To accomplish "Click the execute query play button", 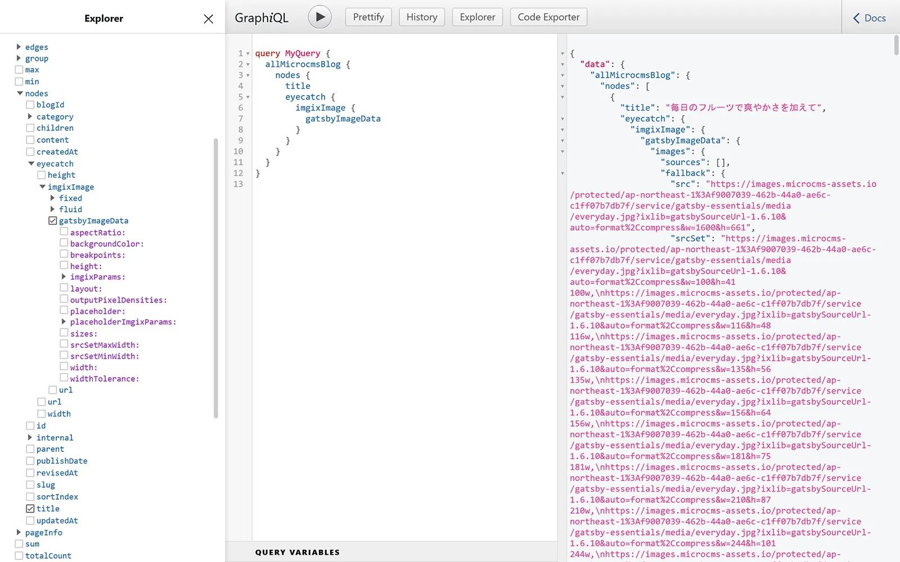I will [319, 17].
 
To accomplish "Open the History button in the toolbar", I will [422, 17].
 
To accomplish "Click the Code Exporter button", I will [548, 17].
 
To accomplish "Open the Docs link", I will [870, 18].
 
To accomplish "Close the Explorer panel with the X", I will [208, 19].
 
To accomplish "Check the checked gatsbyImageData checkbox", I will [53, 221].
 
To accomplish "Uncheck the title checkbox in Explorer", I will [30, 509].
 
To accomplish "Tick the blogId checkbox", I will [30, 105].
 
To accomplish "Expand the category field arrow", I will [30, 116].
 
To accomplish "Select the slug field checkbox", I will [30, 484].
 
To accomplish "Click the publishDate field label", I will [62, 461].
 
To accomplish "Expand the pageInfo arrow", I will [19, 532].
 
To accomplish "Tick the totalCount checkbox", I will [19, 556].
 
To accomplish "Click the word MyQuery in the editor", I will [302, 53].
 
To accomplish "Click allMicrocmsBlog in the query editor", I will [303, 64].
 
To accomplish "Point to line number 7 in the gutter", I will [241, 119].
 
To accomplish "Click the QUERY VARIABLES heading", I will [297, 552].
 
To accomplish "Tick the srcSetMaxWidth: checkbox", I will [64, 345].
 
